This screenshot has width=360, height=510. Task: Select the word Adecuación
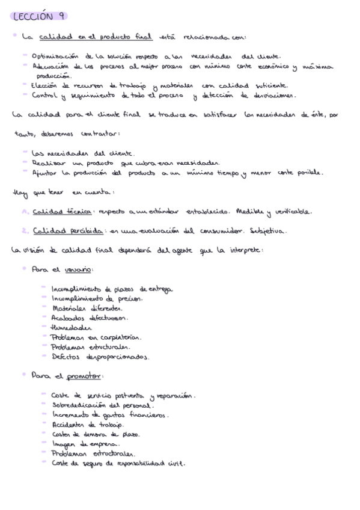[50, 66]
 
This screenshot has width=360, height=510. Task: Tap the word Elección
[47, 85]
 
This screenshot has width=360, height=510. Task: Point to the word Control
[44, 95]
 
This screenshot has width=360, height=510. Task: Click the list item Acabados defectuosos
[89, 318]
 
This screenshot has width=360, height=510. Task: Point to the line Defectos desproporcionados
[100, 357]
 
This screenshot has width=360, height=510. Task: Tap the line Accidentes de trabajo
[87, 424]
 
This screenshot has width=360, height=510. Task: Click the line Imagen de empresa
[85, 444]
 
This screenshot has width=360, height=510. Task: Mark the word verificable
[292, 212]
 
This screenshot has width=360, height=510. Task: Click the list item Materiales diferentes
[87, 309]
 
